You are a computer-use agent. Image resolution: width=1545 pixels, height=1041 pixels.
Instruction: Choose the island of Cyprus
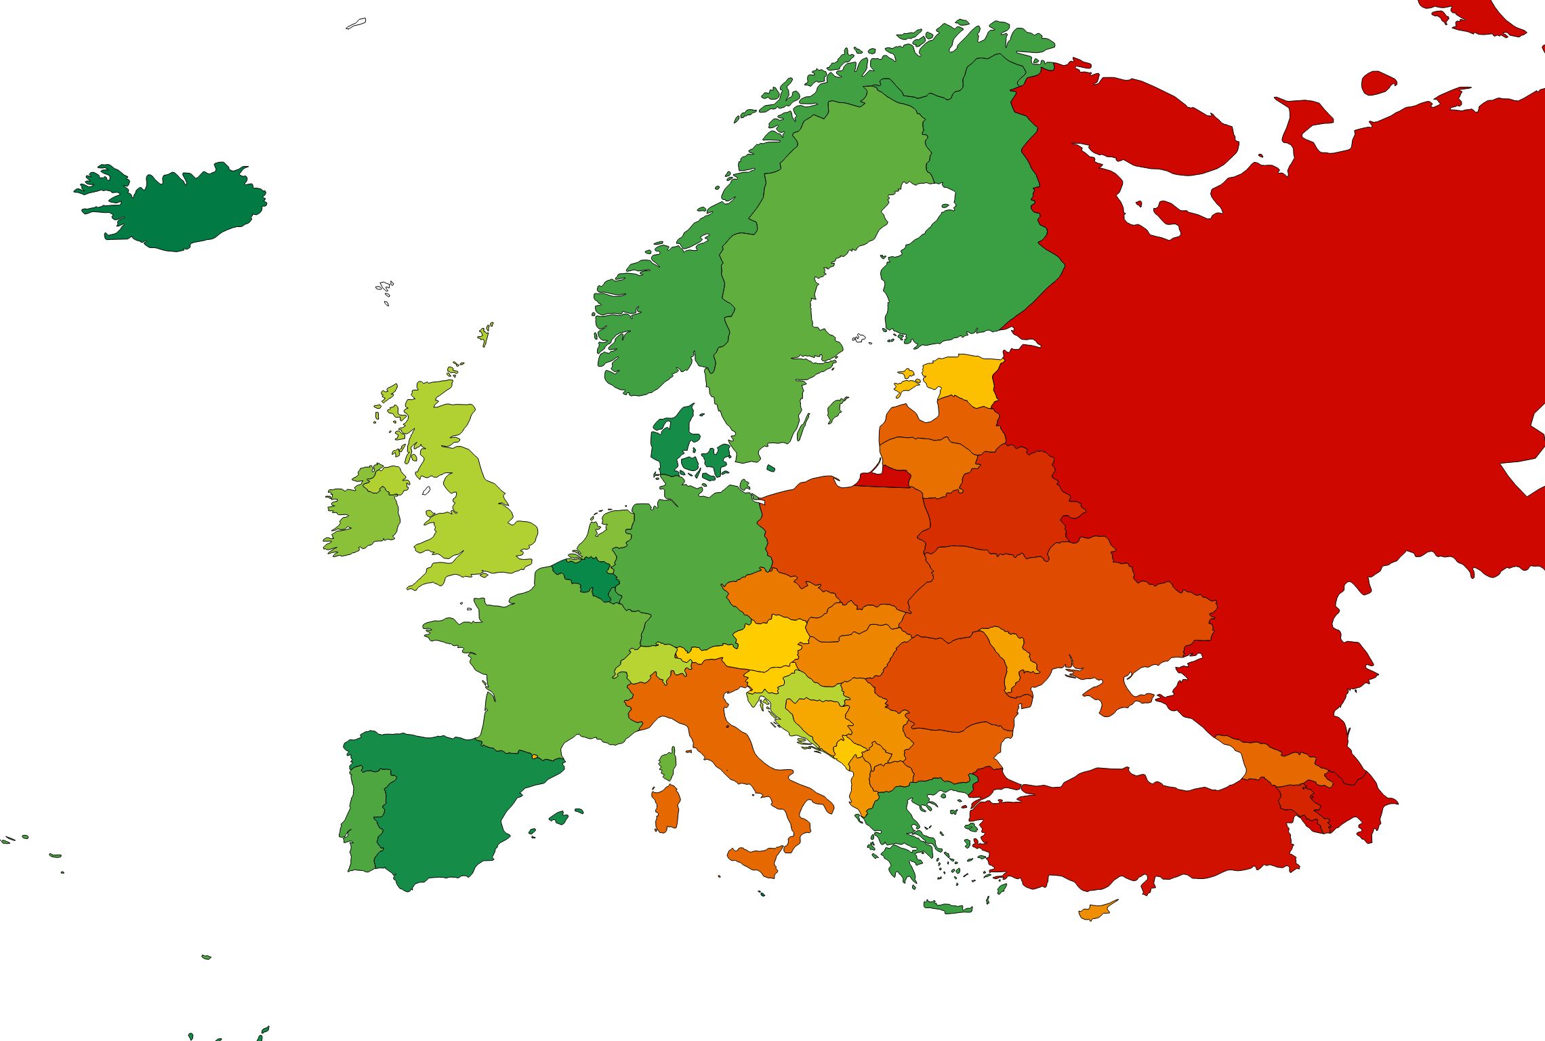click(x=1094, y=912)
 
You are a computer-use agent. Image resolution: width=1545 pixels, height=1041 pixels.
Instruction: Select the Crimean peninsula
click(x=1118, y=698)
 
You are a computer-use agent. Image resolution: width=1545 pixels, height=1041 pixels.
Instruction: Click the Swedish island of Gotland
click(x=837, y=409)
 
